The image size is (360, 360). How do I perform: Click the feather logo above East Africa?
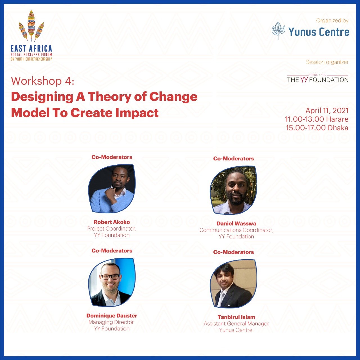[x=31, y=26]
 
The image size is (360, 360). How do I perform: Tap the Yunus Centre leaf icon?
[x=278, y=31]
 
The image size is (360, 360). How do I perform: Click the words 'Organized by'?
[x=332, y=21]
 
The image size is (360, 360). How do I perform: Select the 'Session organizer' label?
[x=327, y=62]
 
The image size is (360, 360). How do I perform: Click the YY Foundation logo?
[x=318, y=79]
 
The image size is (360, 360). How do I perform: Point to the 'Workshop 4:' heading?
[x=43, y=81]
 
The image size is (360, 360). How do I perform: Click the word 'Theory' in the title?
[x=109, y=97]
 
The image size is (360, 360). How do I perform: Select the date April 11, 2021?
[x=327, y=111]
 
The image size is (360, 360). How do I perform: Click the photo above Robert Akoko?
[x=112, y=189]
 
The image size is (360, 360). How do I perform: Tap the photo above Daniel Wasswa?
[x=233, y=190]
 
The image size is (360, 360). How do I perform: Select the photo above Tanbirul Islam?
[x=233, y=284]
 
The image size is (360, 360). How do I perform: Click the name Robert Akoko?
[x=112, y=222]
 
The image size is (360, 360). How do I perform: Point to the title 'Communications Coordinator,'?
[x=236, y=230]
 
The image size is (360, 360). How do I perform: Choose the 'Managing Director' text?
[x=111, y=322]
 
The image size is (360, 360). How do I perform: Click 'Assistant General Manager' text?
[x=236, y=324]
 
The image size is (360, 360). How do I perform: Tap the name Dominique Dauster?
[x=112, y=316]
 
